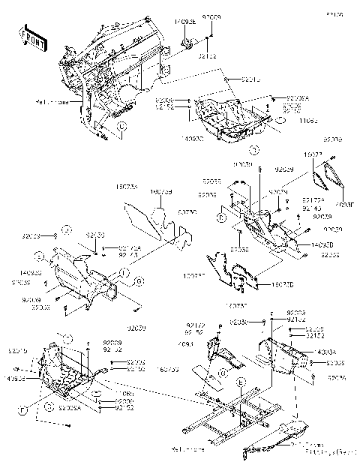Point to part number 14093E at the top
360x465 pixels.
pos(186,22)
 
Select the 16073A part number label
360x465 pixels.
pos(126,186)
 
